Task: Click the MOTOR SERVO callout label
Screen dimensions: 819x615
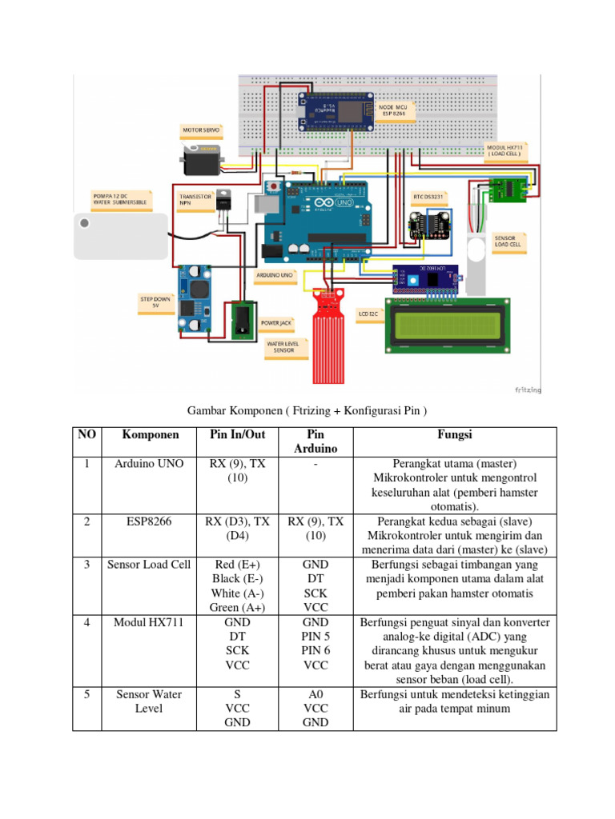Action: click(203, 129)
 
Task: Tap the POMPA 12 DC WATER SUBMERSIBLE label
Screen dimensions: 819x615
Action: click(119, 199)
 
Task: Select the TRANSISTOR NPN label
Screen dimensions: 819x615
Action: click(195, 198)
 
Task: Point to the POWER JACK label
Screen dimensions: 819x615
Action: click(275, 325)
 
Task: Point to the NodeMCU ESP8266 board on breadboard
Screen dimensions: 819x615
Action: click(336, 112)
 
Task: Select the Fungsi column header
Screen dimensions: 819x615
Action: click(455, 434)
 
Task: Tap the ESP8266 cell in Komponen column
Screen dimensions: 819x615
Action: click(150, 521)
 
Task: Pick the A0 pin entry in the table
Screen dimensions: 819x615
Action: click(316, 694)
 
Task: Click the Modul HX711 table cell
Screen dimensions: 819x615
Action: click(150, 622)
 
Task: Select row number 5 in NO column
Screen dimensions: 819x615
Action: click(86, 694)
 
